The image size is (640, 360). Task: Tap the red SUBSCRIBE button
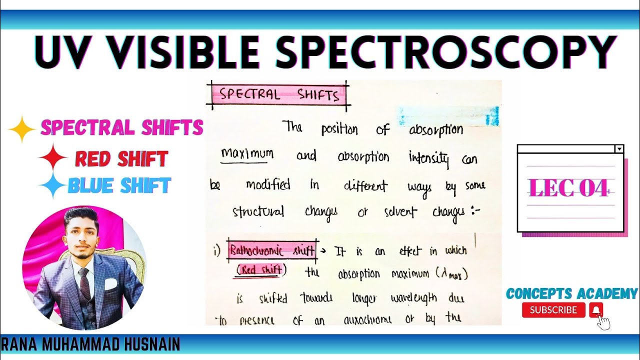[x=553, y=310]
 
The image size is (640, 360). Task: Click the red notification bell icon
[x=596, y=310]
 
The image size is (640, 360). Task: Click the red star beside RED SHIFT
[x=53, y=159]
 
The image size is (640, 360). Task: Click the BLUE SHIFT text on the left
[x=119, y=186]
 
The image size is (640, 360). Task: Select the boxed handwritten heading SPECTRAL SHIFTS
[x=279, y=94]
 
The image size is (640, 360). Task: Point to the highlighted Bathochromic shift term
[x=272, y=250]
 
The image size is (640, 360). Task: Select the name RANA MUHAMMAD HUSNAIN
[x=90, y=344]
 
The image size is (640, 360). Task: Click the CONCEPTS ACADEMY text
[x=571, y=293]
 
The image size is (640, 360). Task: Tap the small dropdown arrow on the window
[x=619, y=149]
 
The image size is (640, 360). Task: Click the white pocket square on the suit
[x=110, y=284]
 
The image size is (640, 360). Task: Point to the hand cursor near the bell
[x=603, y=322]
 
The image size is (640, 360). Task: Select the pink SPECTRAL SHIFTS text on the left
[x=122, y=128]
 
